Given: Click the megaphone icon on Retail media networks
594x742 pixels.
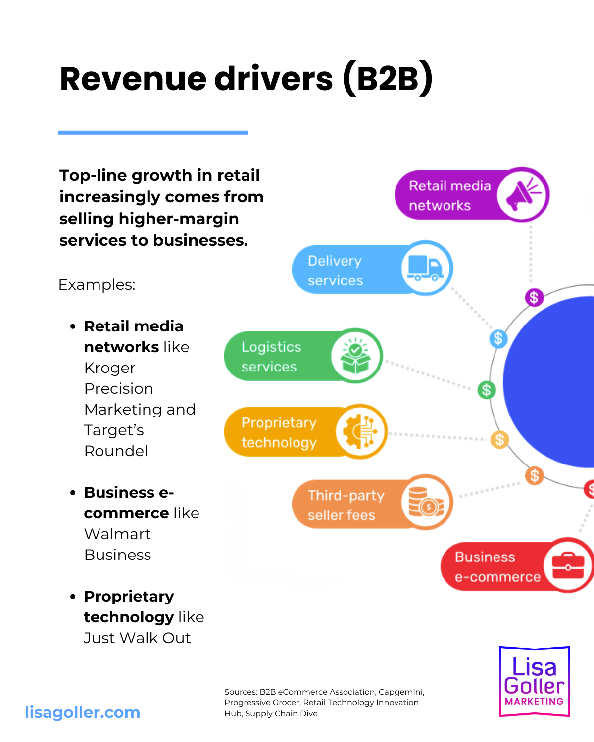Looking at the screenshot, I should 523,194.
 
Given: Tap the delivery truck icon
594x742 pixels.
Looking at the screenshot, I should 426,268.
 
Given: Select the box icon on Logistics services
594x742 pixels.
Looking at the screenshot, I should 355,356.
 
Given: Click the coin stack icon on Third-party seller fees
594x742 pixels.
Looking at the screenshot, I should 426,502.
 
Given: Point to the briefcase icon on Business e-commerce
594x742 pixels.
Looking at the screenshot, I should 568,565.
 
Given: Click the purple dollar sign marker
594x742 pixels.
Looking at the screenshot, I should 534,298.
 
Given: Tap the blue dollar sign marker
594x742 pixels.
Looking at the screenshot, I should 498,339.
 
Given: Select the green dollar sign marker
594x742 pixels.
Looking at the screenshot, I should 486,390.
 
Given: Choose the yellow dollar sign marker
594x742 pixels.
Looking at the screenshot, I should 499,439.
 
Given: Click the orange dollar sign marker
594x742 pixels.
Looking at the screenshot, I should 534,476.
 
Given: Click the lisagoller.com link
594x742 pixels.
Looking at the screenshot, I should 83,712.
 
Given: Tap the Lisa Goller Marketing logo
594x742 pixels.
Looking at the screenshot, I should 535,681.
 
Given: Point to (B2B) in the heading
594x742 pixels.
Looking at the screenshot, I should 388,79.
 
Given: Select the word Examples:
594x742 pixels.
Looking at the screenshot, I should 97,285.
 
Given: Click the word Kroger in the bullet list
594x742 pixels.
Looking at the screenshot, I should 110,368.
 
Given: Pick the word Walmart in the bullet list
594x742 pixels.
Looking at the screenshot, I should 117,534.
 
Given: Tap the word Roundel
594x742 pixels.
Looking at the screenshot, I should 116,451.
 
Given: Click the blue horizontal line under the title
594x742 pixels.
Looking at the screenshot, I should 152,133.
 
